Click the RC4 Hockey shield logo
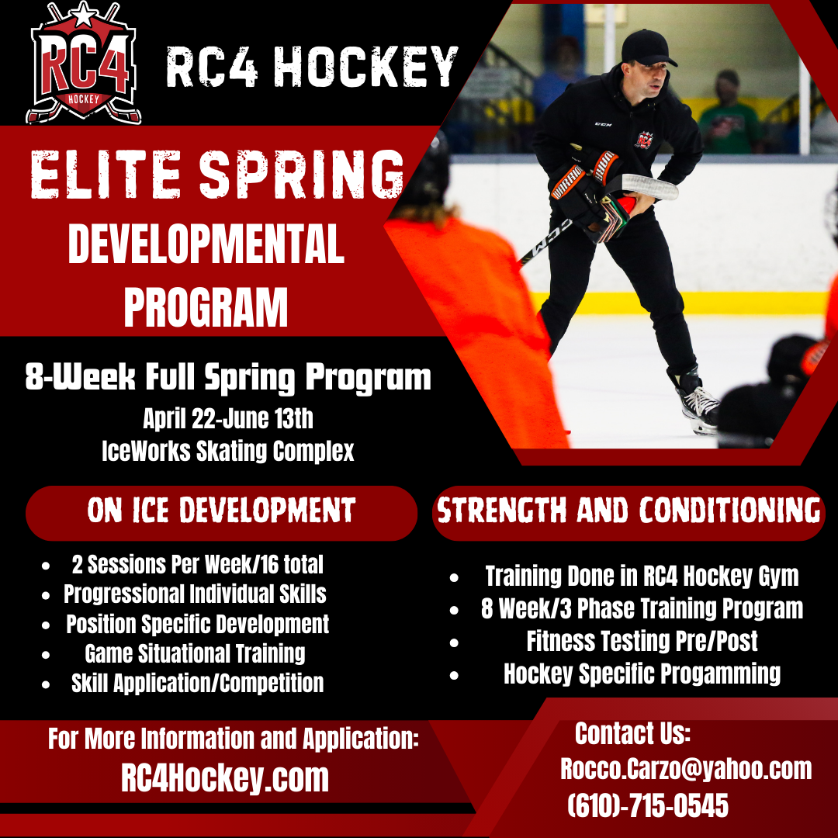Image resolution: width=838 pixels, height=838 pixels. point(84,66)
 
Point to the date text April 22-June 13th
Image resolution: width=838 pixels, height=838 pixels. point(228,419)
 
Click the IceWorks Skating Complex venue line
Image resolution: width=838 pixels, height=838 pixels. point(228,451)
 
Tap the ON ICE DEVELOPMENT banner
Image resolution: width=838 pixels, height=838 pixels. point(221,511)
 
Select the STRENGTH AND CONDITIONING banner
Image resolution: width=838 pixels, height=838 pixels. point(628,511)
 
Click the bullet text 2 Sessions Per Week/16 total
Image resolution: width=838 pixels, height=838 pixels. point(197,564)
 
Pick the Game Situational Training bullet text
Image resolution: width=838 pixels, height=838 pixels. point(195,653)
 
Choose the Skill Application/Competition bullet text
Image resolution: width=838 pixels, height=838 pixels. point(197,683)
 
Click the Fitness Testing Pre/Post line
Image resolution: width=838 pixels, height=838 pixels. point(642,641)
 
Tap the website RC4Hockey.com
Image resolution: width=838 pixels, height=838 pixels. point(225,778)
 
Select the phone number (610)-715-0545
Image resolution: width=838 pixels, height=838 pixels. point(648,805)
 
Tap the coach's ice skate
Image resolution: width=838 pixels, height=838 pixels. point(698,405)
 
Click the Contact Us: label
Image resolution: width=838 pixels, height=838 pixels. point(632,733)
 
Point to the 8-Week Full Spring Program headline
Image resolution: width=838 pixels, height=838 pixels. point(228,378)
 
